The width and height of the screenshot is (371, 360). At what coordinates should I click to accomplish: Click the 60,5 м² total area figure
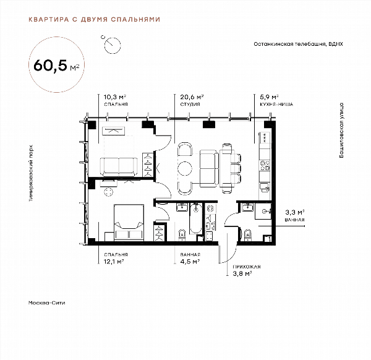(56, 66)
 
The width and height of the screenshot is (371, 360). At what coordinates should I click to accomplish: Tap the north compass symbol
(112, 45)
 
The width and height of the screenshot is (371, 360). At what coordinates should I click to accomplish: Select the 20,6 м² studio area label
(192, 97)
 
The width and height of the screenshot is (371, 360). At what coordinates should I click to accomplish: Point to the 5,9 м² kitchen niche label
(269, 97)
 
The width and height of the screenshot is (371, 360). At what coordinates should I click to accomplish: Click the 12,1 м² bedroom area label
(114, 262)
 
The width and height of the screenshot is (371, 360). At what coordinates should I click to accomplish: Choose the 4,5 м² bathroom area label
(190, 262)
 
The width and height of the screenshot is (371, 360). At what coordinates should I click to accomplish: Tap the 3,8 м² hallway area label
(242, 274)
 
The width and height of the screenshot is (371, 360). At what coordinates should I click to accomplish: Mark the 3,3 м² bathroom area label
(294, 212)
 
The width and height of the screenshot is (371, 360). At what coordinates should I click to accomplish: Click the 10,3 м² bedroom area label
(115, 97)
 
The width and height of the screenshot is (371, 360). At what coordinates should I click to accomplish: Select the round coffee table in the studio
(185, 168)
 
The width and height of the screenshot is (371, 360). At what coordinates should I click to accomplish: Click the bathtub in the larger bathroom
(196, 218)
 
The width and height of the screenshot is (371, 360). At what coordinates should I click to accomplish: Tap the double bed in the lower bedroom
(129, 222)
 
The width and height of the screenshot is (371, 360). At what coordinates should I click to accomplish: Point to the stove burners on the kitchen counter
(265, 165)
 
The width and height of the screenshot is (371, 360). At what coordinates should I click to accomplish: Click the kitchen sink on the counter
(265, 187)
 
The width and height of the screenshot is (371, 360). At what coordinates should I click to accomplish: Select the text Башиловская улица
(341, 130)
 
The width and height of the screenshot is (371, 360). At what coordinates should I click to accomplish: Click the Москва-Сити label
(46, 302)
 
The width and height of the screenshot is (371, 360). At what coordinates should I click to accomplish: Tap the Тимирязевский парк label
(31, 173)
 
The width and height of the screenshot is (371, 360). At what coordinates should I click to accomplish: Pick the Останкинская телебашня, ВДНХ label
(298, 44)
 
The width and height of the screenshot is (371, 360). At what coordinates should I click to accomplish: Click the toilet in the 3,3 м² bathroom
(247, 235)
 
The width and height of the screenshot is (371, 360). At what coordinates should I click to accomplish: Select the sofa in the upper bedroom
(119, 166)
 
